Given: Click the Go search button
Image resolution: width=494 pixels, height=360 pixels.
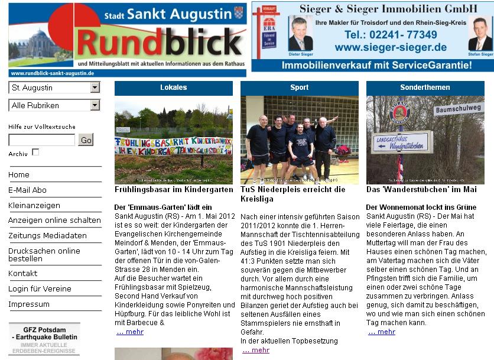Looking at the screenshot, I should [x=86, y=140].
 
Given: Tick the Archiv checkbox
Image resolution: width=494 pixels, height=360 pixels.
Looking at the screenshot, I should [x=35, y=153].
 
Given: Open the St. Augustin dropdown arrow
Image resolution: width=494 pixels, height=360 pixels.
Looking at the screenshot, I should [x=95, y=87].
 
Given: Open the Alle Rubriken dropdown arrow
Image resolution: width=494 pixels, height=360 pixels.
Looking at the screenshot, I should [x=95, y=105].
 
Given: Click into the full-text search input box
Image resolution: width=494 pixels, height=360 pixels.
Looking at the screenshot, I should [x=41, y=140].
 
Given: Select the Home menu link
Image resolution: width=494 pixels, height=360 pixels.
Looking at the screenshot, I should [x=19, y=175].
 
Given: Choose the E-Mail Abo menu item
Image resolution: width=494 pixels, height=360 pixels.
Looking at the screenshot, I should [x=27, y=190].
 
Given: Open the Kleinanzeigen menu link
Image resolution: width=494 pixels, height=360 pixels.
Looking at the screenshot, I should [x=34, y=206].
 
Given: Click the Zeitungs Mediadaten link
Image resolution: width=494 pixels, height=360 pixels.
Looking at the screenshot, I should [x=47, y=235].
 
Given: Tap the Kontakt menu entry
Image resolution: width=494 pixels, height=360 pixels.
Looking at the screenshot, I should [x=23, y=274].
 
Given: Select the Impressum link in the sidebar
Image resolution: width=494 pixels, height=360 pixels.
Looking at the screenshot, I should [x=29, y=304].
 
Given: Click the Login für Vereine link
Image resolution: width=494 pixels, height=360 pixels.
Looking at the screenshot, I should [x=40, y=289].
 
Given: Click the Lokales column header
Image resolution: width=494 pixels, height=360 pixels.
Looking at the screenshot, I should [x=173, y=87].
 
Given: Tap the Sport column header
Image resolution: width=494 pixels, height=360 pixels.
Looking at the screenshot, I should [x=299, y=87].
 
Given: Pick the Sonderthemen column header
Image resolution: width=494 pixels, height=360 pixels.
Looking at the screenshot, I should [x=425, y=87].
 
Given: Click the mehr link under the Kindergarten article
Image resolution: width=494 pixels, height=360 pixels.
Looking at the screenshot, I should [x=130, y=332].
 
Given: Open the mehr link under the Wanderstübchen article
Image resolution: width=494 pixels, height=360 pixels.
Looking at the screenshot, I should [x=382, y=332].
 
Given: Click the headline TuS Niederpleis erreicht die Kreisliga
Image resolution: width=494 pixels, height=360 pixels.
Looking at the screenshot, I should [x=292, y=194].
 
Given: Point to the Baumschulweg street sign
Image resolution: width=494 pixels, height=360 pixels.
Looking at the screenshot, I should [x=459, y=110].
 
